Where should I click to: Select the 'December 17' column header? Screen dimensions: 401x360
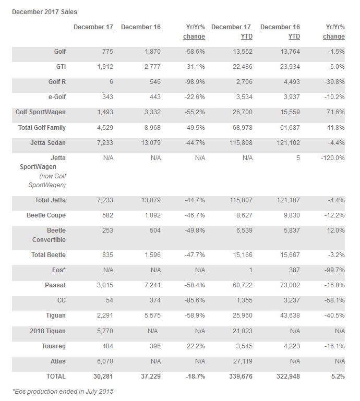93,27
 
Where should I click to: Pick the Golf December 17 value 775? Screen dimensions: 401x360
106,52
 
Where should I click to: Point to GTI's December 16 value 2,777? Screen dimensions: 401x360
151,67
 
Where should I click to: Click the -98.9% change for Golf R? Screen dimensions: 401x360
194,82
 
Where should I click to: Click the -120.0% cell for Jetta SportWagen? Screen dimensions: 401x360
333,157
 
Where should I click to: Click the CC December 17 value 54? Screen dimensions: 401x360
109,301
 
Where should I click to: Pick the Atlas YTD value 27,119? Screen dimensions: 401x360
240,361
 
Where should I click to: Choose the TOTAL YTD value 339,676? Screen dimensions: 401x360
238,376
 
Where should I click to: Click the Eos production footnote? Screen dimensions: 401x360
63,391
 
